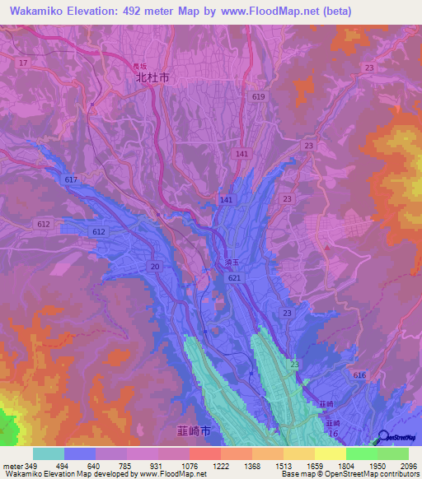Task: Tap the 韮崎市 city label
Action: coord(194,431)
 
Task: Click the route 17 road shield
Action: coord(23,63)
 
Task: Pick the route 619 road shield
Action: coord(259,97)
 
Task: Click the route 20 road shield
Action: coord(154,267)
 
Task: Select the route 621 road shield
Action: coord(235,281)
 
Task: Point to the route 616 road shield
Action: coord(359,374)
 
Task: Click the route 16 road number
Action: coord(332,433)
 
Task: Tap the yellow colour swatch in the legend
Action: coord(330,453)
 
